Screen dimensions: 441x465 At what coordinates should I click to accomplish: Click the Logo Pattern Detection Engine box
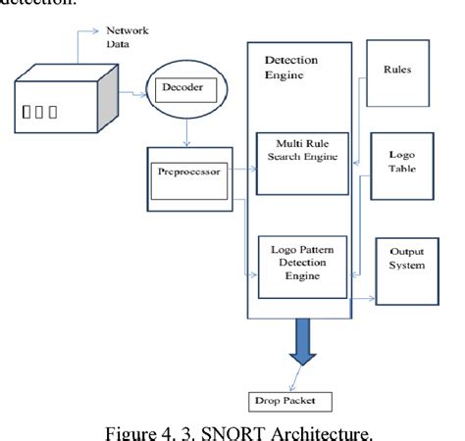point(298,266)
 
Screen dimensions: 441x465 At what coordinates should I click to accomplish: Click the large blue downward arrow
point(300,343)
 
